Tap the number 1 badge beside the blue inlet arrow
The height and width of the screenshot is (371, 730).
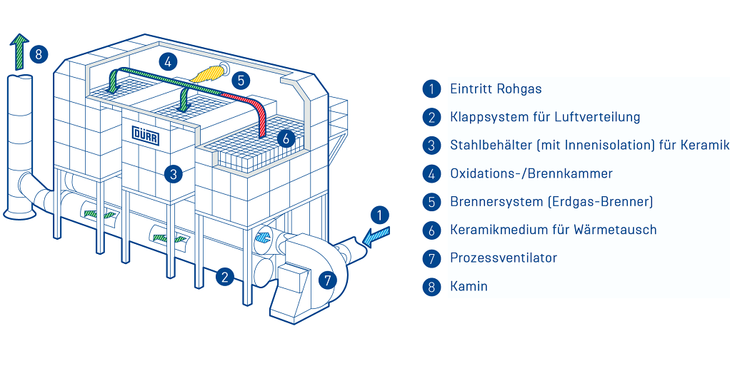click(381, 215)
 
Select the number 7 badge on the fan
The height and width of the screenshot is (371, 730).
click(327, 280)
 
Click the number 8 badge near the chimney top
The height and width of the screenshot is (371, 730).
click(39, 54)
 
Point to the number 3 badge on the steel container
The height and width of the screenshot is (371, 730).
click(174, 173)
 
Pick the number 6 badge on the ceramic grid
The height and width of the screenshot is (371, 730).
click(286, 138)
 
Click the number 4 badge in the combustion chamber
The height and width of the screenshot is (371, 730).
click(168, 61)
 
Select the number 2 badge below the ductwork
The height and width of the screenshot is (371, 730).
click(226, 277)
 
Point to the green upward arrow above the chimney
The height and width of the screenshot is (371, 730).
click(20, 51)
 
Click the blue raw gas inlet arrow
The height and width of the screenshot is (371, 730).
click(376, 235)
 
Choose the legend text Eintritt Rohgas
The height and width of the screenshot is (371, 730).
click(496, 89)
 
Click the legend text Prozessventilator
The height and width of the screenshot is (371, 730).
click(503, 258)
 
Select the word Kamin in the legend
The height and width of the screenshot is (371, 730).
click(469, 286)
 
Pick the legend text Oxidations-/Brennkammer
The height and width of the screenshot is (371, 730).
click(531, 173)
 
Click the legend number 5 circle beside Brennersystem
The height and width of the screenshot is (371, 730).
click(431, 202)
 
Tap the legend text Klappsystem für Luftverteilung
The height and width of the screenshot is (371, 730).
click(544, 117)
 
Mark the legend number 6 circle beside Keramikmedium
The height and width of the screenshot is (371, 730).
click(431, 230)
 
